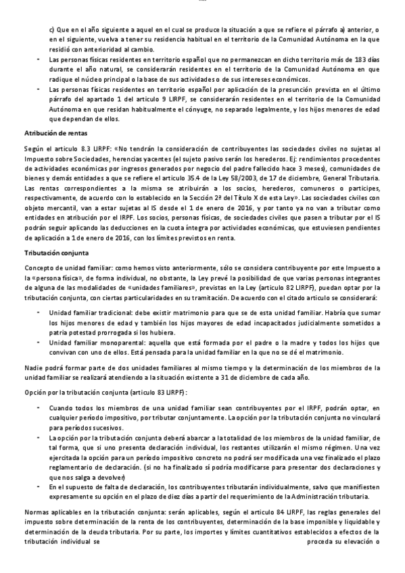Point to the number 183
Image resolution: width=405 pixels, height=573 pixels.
point(344,60)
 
